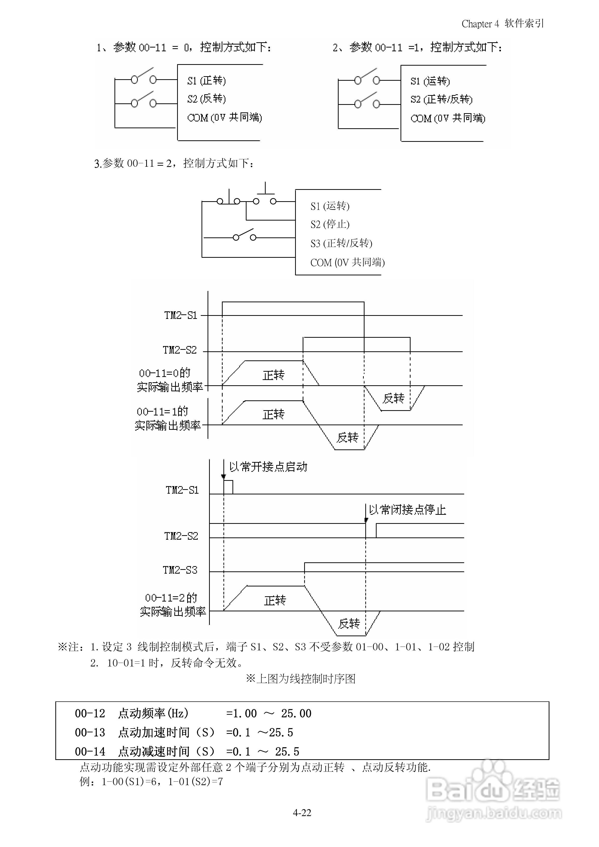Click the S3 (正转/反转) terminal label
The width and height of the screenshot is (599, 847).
pos(341,243)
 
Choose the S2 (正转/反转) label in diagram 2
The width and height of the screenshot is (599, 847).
pos(441,99)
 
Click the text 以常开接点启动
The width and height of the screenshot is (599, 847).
pos(268,467)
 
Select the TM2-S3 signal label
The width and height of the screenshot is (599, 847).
pos(180,570)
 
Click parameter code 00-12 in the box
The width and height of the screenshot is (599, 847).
pos(90,713)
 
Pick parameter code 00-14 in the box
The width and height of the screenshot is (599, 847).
pos(90,751)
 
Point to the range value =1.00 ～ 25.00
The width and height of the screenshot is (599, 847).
pos(269,713)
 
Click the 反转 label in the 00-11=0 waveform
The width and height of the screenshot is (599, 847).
pos(393,398)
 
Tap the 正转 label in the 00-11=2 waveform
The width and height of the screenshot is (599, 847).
pos(275,601)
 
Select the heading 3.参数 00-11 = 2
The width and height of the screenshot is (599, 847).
pos(174,163)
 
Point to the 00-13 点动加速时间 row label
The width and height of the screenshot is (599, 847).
pos(144,733)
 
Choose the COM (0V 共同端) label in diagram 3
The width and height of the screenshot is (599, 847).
pos(347,263)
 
